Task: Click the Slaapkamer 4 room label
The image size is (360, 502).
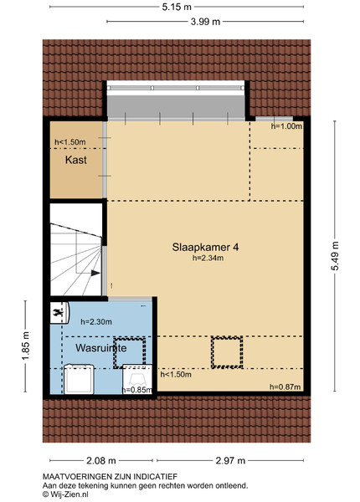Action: tap(205, 247)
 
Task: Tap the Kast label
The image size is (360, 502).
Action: tap(76, 160)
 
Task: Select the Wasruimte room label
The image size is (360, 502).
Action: tap(101, 348)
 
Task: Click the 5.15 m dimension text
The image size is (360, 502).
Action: tap(177, 7)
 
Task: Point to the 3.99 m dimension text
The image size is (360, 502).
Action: tap(205, 22)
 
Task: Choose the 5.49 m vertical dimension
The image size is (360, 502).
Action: tap(335, 256)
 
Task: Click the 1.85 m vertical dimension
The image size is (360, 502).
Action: tap(26, 346)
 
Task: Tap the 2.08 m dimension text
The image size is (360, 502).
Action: tap(101, 461)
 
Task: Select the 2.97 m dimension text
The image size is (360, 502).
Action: tap(230, 461)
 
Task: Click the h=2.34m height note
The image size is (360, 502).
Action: tap(208, 258)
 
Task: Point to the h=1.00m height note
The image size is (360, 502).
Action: tap(286, 126)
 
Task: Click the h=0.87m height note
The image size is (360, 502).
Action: tap(285, 387)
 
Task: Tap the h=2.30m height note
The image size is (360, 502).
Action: tap(96, 322)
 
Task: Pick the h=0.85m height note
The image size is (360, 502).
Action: tap(137, 390)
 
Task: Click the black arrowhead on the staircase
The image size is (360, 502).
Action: tap(95, 273)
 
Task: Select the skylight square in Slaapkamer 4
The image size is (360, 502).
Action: tap(227, 352)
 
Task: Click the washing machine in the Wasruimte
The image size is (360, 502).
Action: tap(79, 379)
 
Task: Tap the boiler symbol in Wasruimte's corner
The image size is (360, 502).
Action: tap(59, 313)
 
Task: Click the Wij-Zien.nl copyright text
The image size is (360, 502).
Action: tap(65, 494)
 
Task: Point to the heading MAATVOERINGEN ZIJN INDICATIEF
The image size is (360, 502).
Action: tap(110, 477)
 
